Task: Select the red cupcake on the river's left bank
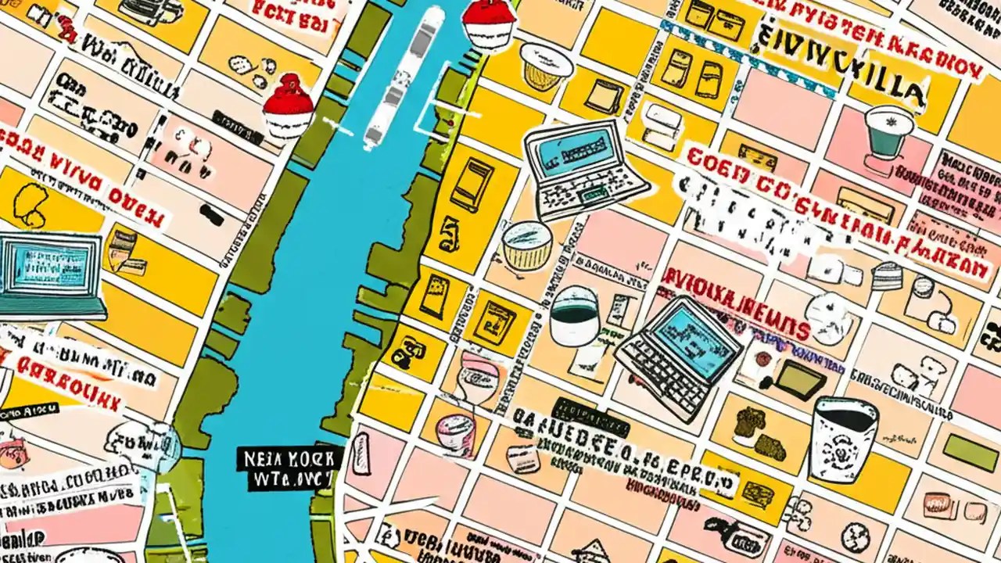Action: [x=288, y=108]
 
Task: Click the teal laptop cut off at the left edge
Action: [x=48, y=275]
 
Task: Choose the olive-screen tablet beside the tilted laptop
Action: [x=798, y=380]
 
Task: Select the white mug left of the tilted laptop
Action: [x=574, y=317]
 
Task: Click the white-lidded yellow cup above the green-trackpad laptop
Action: [x=546, y=66]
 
